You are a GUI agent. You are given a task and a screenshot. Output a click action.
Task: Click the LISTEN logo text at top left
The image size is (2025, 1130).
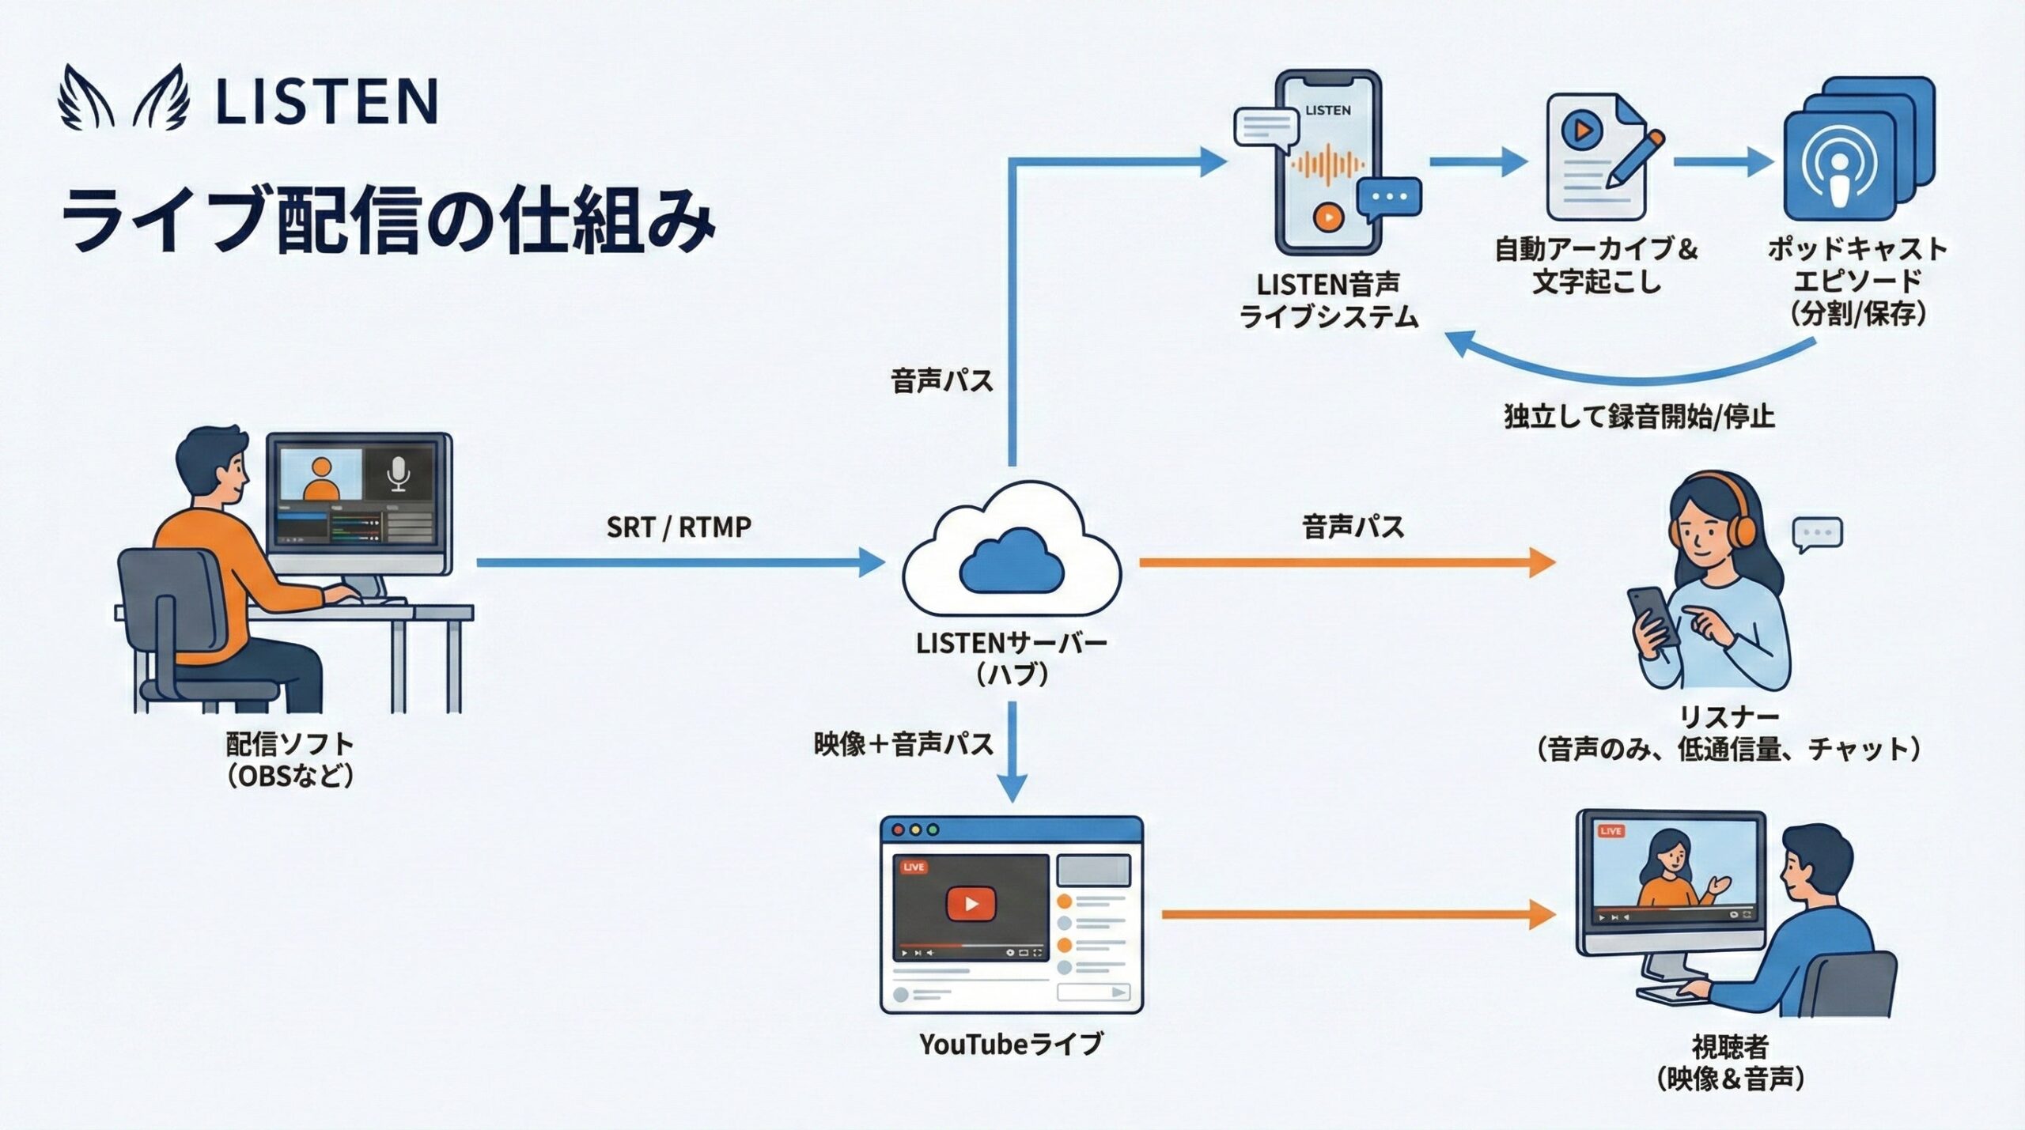tap(326, 101)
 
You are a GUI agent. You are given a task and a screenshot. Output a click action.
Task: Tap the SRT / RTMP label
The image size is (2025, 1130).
tap(679, 527)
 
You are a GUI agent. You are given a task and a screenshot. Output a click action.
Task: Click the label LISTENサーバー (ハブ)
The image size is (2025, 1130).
tap(1012, 658)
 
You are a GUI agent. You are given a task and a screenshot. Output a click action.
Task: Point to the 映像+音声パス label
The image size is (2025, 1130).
tap(903, 744)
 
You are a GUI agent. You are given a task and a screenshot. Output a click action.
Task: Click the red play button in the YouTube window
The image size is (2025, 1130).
tap(971, 904)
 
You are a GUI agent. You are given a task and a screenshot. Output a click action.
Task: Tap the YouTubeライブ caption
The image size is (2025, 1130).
tap(1011, 1044)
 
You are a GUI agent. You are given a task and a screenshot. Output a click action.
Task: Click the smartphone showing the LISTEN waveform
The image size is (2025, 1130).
tap(1328, 162)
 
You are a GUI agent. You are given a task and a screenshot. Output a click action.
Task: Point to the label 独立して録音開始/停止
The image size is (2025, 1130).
tap(1639, 416)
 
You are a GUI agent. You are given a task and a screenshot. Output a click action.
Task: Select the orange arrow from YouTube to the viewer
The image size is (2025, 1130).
tap(1357, 914)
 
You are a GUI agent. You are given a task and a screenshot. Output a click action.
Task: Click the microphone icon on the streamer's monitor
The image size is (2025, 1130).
tap(398, 474)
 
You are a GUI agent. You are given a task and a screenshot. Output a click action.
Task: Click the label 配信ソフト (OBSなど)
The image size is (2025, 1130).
tap(290, 759)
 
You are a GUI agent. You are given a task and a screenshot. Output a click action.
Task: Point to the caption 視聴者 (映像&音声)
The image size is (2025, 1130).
tap(1730, 1063)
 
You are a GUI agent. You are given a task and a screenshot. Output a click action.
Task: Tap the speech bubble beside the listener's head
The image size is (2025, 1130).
tap(1817, 534)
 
